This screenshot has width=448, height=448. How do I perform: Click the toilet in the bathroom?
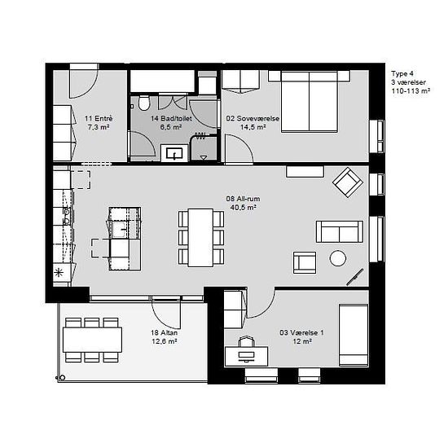pyautogui.click(x=144, y=103)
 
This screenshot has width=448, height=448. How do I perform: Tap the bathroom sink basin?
pyautogui.click(x=174, y=153)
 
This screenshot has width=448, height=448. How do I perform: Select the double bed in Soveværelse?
pyautogui.click(x=310, y=102)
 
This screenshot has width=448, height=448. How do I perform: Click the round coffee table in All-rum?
pyautogui.click(x=338, y=258)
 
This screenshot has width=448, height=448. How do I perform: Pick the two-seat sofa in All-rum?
pyautogui.click(x=340, y=231)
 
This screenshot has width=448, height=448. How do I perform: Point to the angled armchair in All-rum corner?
pyautogui.click(x=348, y=182)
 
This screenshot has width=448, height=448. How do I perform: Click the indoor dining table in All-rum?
pyautogui.click(x=200, y=238)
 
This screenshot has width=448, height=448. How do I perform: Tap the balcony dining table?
pyautogui.click(x=92, y=340)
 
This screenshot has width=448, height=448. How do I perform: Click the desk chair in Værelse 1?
pyautogui.click(x=247, y=341)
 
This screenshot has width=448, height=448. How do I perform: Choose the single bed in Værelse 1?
pyautogui.click(x=354, y=335)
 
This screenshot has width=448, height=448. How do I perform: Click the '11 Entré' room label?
pyautogui.click(x=99, y=118)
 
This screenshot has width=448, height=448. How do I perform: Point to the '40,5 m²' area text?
pyautogui.click(x=243, y=208)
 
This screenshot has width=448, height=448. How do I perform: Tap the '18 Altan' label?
pyautogui.click(x=164, y=332)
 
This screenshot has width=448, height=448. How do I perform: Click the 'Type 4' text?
pyautogui.click(x=402, y=73)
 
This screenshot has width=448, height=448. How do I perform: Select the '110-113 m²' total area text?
pyautogui.click(x=411, y=91)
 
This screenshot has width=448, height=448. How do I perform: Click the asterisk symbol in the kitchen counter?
pyautogui.click(x=59, y=273)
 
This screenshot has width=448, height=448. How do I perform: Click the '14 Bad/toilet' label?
pyautogui.click(x=171, y=118)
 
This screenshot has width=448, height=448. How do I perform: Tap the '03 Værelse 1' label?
pyautogui.click(x=301, y=332)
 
